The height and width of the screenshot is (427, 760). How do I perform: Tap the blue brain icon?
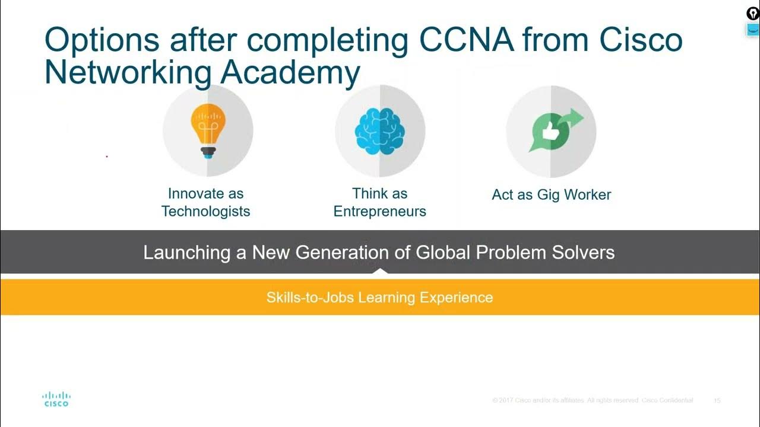point(379,131)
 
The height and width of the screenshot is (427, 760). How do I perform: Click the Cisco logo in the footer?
point(56,399)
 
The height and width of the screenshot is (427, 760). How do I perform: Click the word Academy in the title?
point(290,73)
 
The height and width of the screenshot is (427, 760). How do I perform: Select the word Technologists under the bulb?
point(205,212)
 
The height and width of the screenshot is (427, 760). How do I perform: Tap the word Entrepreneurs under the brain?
point(379,212)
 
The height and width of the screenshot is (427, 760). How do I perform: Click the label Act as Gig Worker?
point(551,195)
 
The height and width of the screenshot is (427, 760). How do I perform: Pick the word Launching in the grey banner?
point(187,253)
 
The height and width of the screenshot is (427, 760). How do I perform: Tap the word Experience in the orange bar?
point(456,297)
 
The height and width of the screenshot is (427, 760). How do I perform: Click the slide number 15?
point(717,401)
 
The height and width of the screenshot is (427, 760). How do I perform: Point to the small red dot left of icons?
point(107,157)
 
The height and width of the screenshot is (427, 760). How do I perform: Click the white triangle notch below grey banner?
point(379,272)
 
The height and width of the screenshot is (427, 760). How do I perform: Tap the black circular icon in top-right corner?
point(752,13)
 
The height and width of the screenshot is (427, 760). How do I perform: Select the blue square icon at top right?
point(752,30)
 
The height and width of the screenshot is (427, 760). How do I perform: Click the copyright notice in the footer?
point(593,401)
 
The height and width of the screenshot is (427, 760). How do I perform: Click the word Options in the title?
point(102,40)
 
